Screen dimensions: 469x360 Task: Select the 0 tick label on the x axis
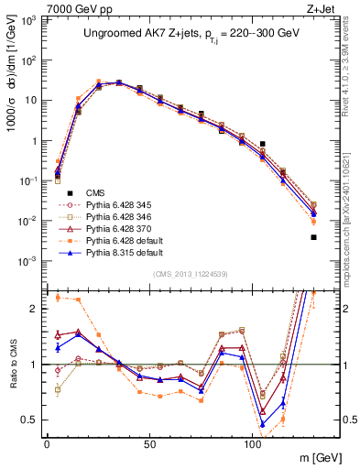(47, 444)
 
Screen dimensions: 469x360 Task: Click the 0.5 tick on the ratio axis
(31, 420)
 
